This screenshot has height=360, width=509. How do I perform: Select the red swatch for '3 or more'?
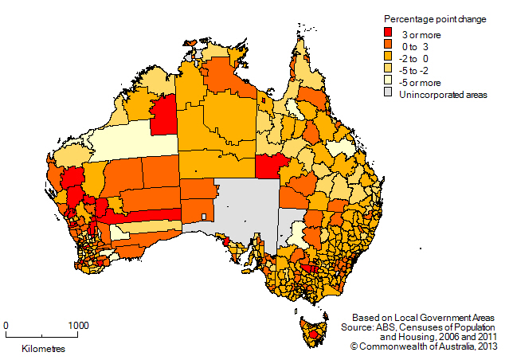click(x=389, y=33)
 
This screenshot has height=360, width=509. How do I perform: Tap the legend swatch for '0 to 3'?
click(x=389, y=45)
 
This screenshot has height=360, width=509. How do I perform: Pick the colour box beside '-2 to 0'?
click(x=389, y=57)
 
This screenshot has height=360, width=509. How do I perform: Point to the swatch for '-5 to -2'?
click(x=389, y=69)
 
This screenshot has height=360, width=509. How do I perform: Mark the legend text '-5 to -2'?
click(x=420, y=69)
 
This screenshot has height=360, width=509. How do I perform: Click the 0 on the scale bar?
click(x=6, y=325)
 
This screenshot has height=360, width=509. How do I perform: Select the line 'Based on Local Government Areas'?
click(x=427, y=317)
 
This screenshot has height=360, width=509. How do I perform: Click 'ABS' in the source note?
click(x=396, y=327)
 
